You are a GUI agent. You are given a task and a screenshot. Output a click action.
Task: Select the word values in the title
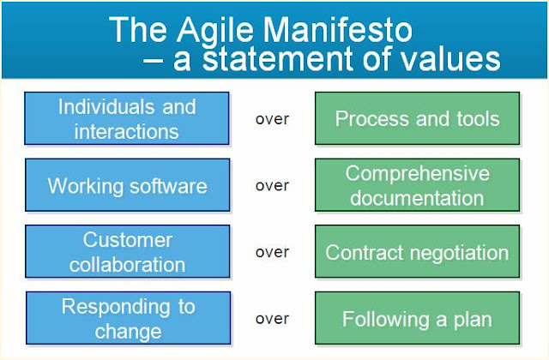point(447,59)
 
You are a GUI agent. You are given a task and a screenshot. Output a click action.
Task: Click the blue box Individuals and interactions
point(127,119)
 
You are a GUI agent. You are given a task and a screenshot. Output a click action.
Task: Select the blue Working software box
point(127,185)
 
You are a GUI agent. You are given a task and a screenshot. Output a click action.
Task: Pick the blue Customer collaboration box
point(127,252)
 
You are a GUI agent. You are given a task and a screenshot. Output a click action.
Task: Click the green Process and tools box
point(417,119)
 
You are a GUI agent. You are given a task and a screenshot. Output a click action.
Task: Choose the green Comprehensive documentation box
point(417,185)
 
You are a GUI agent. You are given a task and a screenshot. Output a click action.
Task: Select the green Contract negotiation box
point(417,253)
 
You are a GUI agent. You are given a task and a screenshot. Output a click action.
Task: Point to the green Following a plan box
point(417,320)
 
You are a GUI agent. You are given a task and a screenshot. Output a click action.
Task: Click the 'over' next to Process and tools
point(272,119)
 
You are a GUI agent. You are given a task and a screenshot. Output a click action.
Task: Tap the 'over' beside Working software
point(272,186)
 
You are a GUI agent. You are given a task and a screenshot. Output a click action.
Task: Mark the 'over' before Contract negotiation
point(272,253)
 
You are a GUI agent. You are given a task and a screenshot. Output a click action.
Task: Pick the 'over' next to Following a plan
point(272,319)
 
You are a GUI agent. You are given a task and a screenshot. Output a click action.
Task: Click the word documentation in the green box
point(417,198)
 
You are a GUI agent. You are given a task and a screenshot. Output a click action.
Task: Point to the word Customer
point(127,239)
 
